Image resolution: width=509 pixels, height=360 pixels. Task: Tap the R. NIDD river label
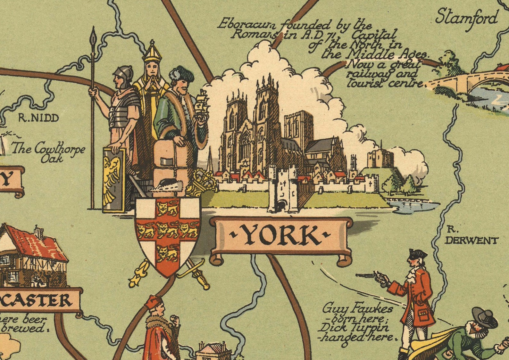tap(38, 118)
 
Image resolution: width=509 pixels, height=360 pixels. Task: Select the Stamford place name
tap(467, 18)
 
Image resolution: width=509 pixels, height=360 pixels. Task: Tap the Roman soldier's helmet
tap(124, 74)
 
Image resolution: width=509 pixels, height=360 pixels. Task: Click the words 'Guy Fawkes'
tap(357, 308)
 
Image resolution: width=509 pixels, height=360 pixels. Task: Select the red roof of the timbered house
tap(37, 243)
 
